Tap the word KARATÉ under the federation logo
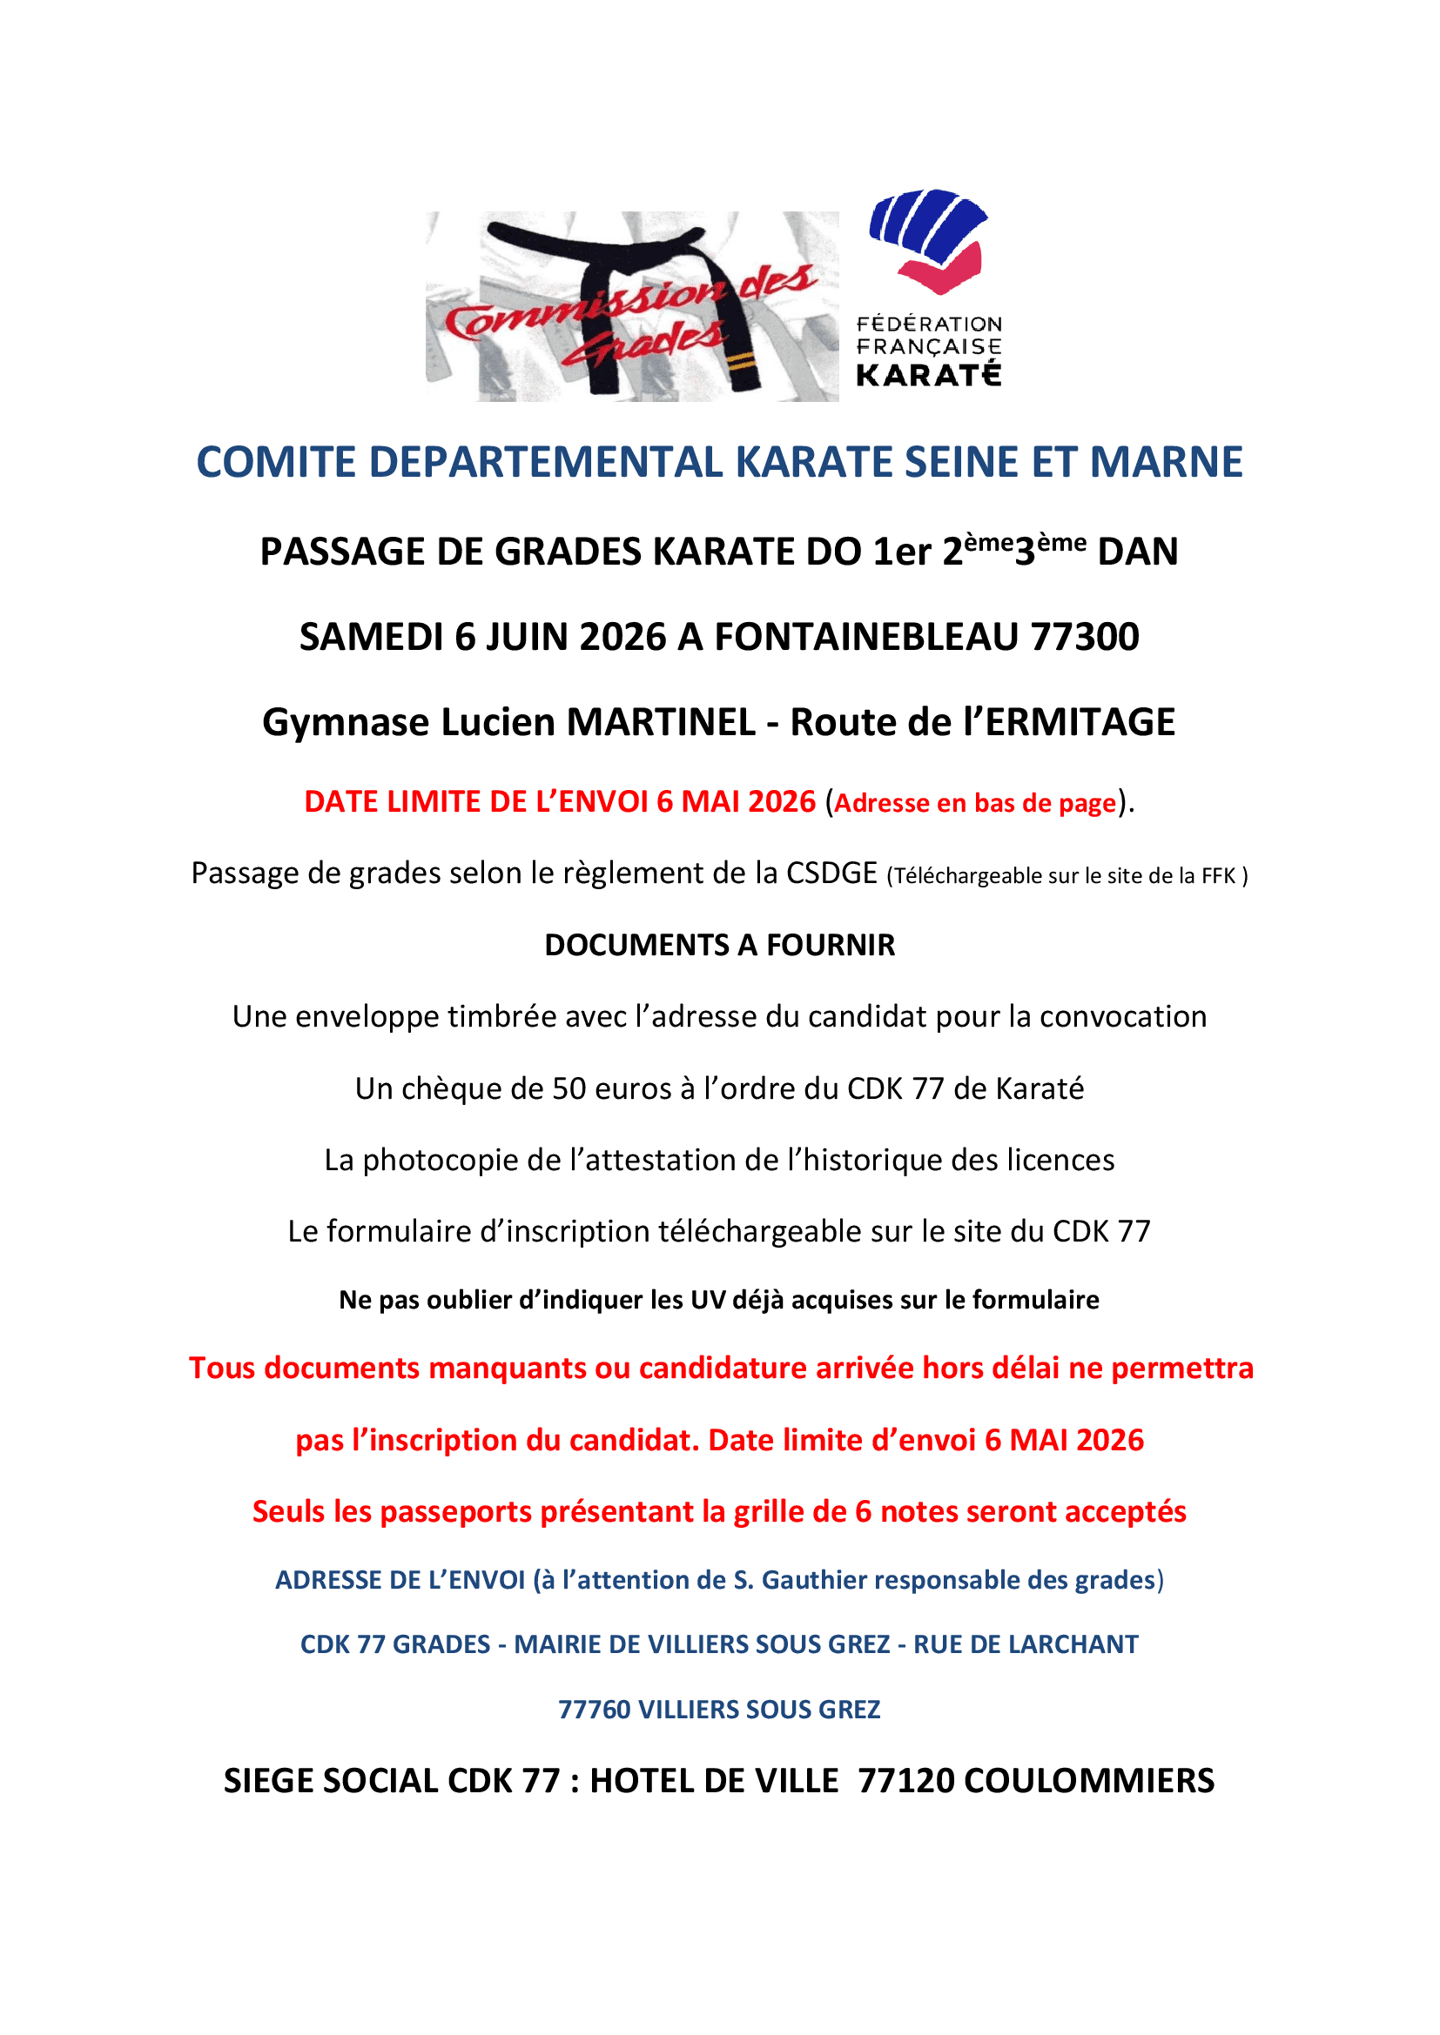(928, 376)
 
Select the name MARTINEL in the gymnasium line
(661, 722)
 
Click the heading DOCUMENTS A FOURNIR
(719, 946)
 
